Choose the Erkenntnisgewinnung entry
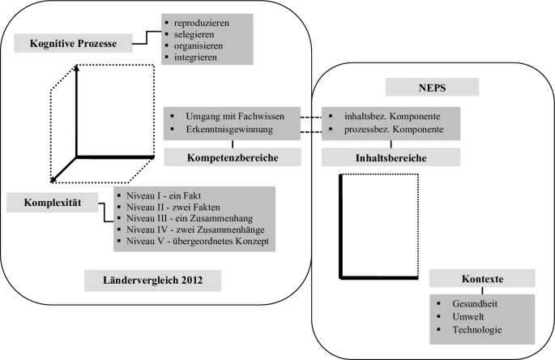[231, 129]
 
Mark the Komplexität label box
[48, 200]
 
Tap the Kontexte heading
[481, 279]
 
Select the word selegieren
[194, 35]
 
